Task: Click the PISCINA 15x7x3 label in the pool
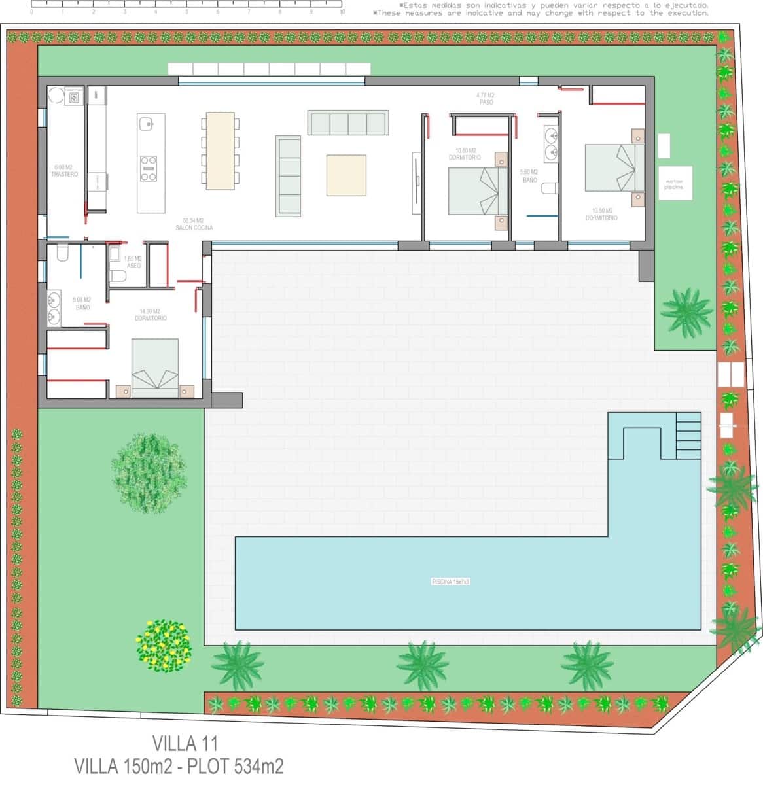451,581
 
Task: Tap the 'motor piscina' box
674,184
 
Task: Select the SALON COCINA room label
194,224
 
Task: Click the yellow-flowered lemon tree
164,644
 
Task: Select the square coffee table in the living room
346,175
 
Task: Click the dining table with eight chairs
220,151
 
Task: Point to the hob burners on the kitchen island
149,168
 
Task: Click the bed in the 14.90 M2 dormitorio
155,368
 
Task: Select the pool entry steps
688,434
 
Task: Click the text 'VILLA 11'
185,743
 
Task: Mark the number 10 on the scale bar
342,12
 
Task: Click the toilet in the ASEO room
118,275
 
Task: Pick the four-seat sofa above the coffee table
347,123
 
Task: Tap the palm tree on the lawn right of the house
686,311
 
